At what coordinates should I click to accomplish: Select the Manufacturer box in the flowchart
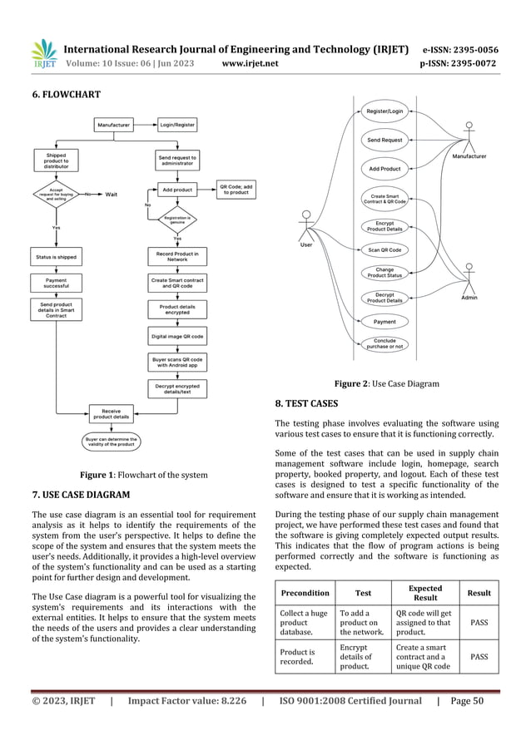tap(115, 125)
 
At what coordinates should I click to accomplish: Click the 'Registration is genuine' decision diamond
tap(177, 221)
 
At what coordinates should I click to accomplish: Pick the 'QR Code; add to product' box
tap(236, 189)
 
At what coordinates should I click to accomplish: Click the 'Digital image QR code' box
tap(177, 337)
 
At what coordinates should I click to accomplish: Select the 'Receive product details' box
tap(111, 413)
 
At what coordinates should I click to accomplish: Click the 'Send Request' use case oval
tap(385, 141)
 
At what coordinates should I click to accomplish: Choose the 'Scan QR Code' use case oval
tap(385, 249)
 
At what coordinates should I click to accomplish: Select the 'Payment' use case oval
tap(385, 321)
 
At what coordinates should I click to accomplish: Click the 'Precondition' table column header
tap(304, 593)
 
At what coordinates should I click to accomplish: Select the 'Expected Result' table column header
tap(425, 593)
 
